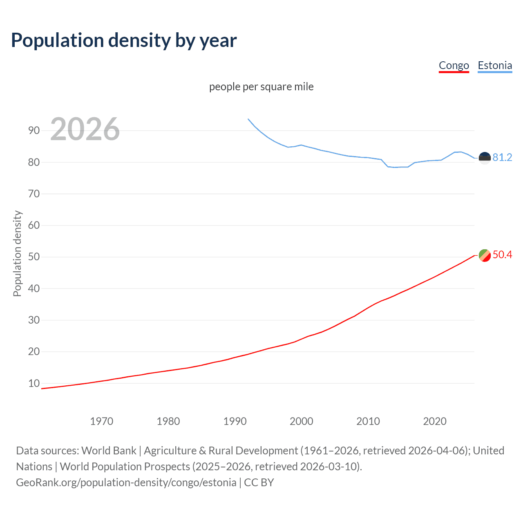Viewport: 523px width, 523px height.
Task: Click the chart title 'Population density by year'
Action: coord(124,40)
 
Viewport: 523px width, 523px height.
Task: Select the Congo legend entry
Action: coord(454,65)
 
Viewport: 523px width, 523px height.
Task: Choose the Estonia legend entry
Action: coord(495,65)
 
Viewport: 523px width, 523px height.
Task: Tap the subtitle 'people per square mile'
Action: coord(261,87)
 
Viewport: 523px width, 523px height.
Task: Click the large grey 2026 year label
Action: coord(85,129)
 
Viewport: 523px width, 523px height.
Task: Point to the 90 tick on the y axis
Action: coord(34,131)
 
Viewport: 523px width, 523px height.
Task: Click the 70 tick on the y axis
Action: coord(34,194)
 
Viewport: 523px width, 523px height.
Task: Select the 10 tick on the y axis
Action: coord(34,383)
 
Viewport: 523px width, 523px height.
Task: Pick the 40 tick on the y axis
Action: coord(34,288)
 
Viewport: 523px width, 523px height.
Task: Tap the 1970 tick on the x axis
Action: coord(102,421)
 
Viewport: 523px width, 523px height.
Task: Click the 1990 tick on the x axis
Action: coord(235,421)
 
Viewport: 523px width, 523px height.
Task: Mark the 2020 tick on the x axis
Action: coord(435,421)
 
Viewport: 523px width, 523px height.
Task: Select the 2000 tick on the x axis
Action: coord(302,421)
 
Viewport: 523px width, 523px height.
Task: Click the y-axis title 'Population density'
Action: coord(17,253)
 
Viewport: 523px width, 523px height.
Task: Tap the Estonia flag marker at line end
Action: coord(485,158)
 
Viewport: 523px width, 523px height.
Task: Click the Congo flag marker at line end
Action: coord(485,255)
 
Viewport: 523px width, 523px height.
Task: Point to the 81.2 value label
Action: coord(502,158)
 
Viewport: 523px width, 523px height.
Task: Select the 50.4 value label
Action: coord(502,255)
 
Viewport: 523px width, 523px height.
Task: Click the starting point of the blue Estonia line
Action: coord(248,119)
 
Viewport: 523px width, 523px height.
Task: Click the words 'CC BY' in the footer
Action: coord(259,483)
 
